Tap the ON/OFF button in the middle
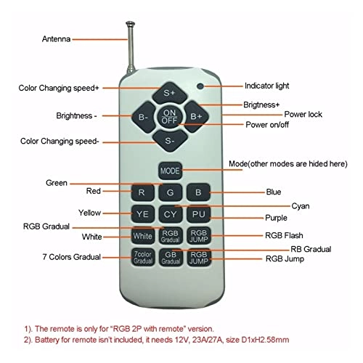pos(169,116)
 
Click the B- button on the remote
pos(144,117)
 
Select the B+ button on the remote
pos(196,116)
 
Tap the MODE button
pos(170,171)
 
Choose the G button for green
pos(170,192)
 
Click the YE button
pos(142,214)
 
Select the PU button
pos(199,214)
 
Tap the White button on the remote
pos(142,235)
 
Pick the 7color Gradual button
pos(143,257)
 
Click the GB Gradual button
pos(171,258)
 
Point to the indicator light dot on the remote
pos(200,86)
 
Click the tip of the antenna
pos(130,23)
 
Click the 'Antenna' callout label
pos(56,39)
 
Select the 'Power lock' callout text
pos(303,114)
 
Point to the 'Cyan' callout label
pos(301,206)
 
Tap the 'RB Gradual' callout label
pos(311,249)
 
